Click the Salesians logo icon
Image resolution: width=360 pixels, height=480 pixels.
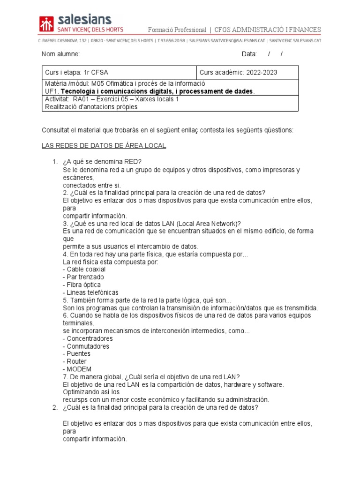(47, 24)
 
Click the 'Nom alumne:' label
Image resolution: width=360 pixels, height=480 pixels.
(60, 54)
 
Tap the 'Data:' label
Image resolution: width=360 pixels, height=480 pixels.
(249, 54)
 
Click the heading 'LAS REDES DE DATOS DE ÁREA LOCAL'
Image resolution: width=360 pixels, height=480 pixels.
(104, 146)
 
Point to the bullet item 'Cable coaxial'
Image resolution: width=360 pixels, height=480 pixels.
(84, 270)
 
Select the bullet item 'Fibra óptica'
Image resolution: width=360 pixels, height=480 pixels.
(82, 285)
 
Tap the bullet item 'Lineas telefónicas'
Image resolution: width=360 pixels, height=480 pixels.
(90, 292)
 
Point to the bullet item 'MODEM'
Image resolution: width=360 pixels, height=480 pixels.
(77, 369)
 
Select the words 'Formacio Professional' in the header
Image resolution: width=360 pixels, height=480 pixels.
(177, 30)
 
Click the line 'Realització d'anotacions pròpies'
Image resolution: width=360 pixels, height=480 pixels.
(91, 107)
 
